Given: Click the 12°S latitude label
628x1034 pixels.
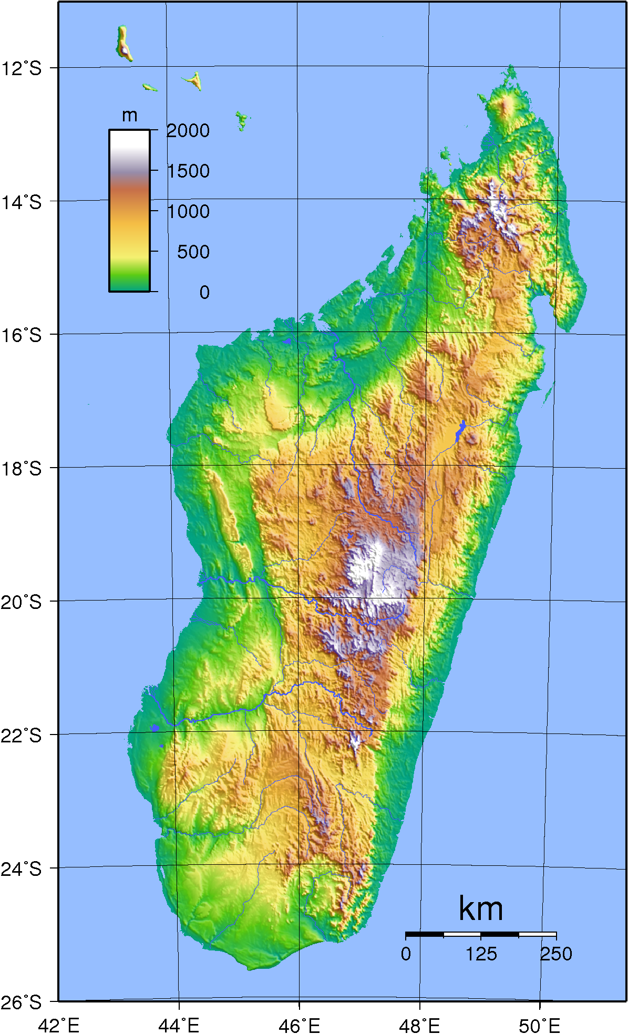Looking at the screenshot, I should click(21, 68).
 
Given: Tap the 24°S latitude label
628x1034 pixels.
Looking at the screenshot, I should click(21, 869).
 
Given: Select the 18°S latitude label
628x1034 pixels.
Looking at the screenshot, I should click(21, 469).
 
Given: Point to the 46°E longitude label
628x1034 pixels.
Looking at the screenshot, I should click(299, 1025).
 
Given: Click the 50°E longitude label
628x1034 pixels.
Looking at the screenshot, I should click(540, 1025).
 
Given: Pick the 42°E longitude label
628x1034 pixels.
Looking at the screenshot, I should click(58, 1025).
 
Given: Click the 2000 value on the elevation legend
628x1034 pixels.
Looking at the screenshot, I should click(188, 130).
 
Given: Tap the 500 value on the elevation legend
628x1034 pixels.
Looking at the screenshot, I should click(193, 252).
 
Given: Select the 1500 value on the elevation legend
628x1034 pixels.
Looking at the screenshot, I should click(188, 171).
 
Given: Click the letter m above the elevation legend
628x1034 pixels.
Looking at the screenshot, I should click(129, 115).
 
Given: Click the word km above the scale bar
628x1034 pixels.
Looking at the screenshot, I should click(481, 908).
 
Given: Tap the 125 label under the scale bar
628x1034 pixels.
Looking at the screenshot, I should click(481, 954).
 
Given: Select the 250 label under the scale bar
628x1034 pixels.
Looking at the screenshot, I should click(556, 954).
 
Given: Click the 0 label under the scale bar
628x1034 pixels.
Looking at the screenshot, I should click(406, 954).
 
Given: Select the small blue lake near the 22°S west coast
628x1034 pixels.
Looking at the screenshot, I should click(155, 728).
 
